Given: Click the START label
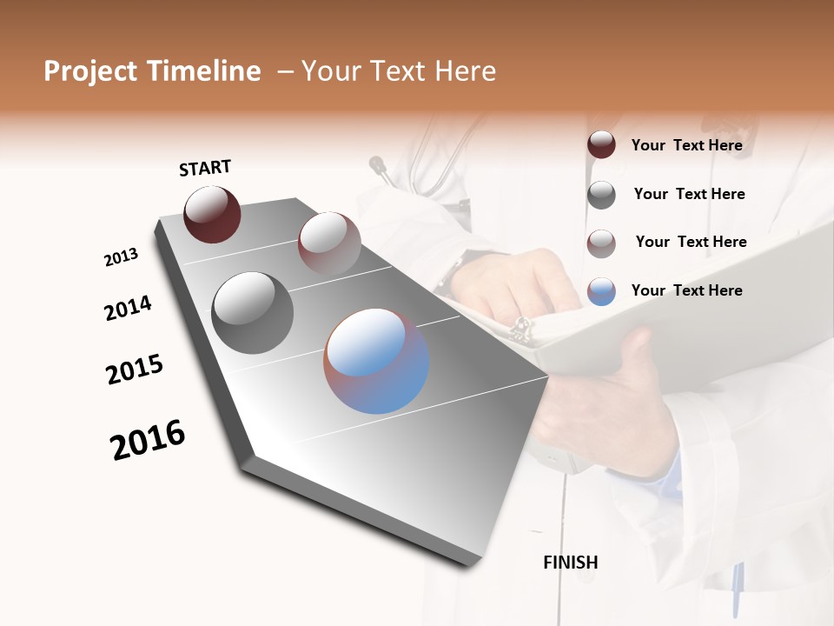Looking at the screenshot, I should (205, 168).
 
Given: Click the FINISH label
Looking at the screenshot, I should (570, 563).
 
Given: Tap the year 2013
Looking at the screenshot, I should (121, 257).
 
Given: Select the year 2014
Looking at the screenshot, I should (128, 309).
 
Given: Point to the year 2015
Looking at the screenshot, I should (135, 370).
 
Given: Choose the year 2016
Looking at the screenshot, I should (148, 440).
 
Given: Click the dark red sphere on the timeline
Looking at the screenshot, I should (212, 214).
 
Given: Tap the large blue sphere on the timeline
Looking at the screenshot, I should (376, 360).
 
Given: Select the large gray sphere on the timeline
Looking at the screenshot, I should (252, 313).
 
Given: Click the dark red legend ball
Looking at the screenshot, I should (601, 144).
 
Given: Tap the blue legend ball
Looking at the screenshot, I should (601, 291).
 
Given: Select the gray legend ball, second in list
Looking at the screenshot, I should (601, 195).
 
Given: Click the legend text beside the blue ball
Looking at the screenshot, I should (686, 290).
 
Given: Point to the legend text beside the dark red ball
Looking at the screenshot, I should (686, 145).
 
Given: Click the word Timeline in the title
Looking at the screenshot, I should (204, 71).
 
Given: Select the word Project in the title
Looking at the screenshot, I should (90, 71).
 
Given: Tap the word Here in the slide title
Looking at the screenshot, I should (465, 71).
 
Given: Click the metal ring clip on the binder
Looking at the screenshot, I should (520, 329).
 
